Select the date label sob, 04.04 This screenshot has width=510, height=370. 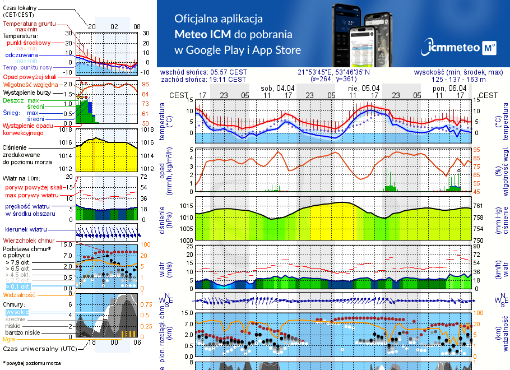(x=278, y=88)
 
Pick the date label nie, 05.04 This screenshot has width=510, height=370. (x=364, y=88)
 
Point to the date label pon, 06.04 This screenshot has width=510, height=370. (x=449, y=88)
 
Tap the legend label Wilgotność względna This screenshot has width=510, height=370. (x=31, y=84)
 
